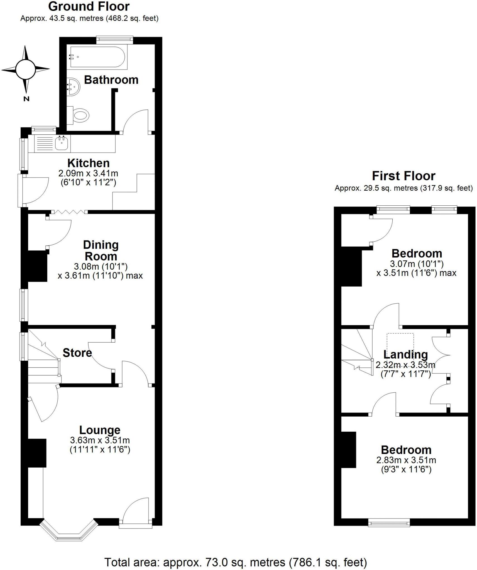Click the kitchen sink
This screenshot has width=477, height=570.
[x=62, y=144]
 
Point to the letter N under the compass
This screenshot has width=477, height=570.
[x=26, y=99]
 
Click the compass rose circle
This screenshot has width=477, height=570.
[x=25, y=69]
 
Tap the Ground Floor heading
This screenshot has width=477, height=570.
[x=89, y=6]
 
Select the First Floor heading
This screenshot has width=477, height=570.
[x=403, y=176]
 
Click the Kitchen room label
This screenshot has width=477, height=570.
[x=89, y=163]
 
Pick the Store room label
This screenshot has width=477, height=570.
[x=77, y=353]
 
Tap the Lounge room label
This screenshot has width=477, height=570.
[x=100, y=430]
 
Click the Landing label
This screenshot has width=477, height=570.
[x=405, y=355]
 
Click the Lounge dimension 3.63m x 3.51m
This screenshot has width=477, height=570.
[x=100, y=440]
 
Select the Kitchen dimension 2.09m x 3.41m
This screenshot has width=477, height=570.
[x=88, y=173]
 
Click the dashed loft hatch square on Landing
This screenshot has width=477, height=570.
[x=400, y=343]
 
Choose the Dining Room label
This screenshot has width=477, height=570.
[x=101, y=250]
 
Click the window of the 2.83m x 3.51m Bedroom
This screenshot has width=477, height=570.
[x=389, y=523]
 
